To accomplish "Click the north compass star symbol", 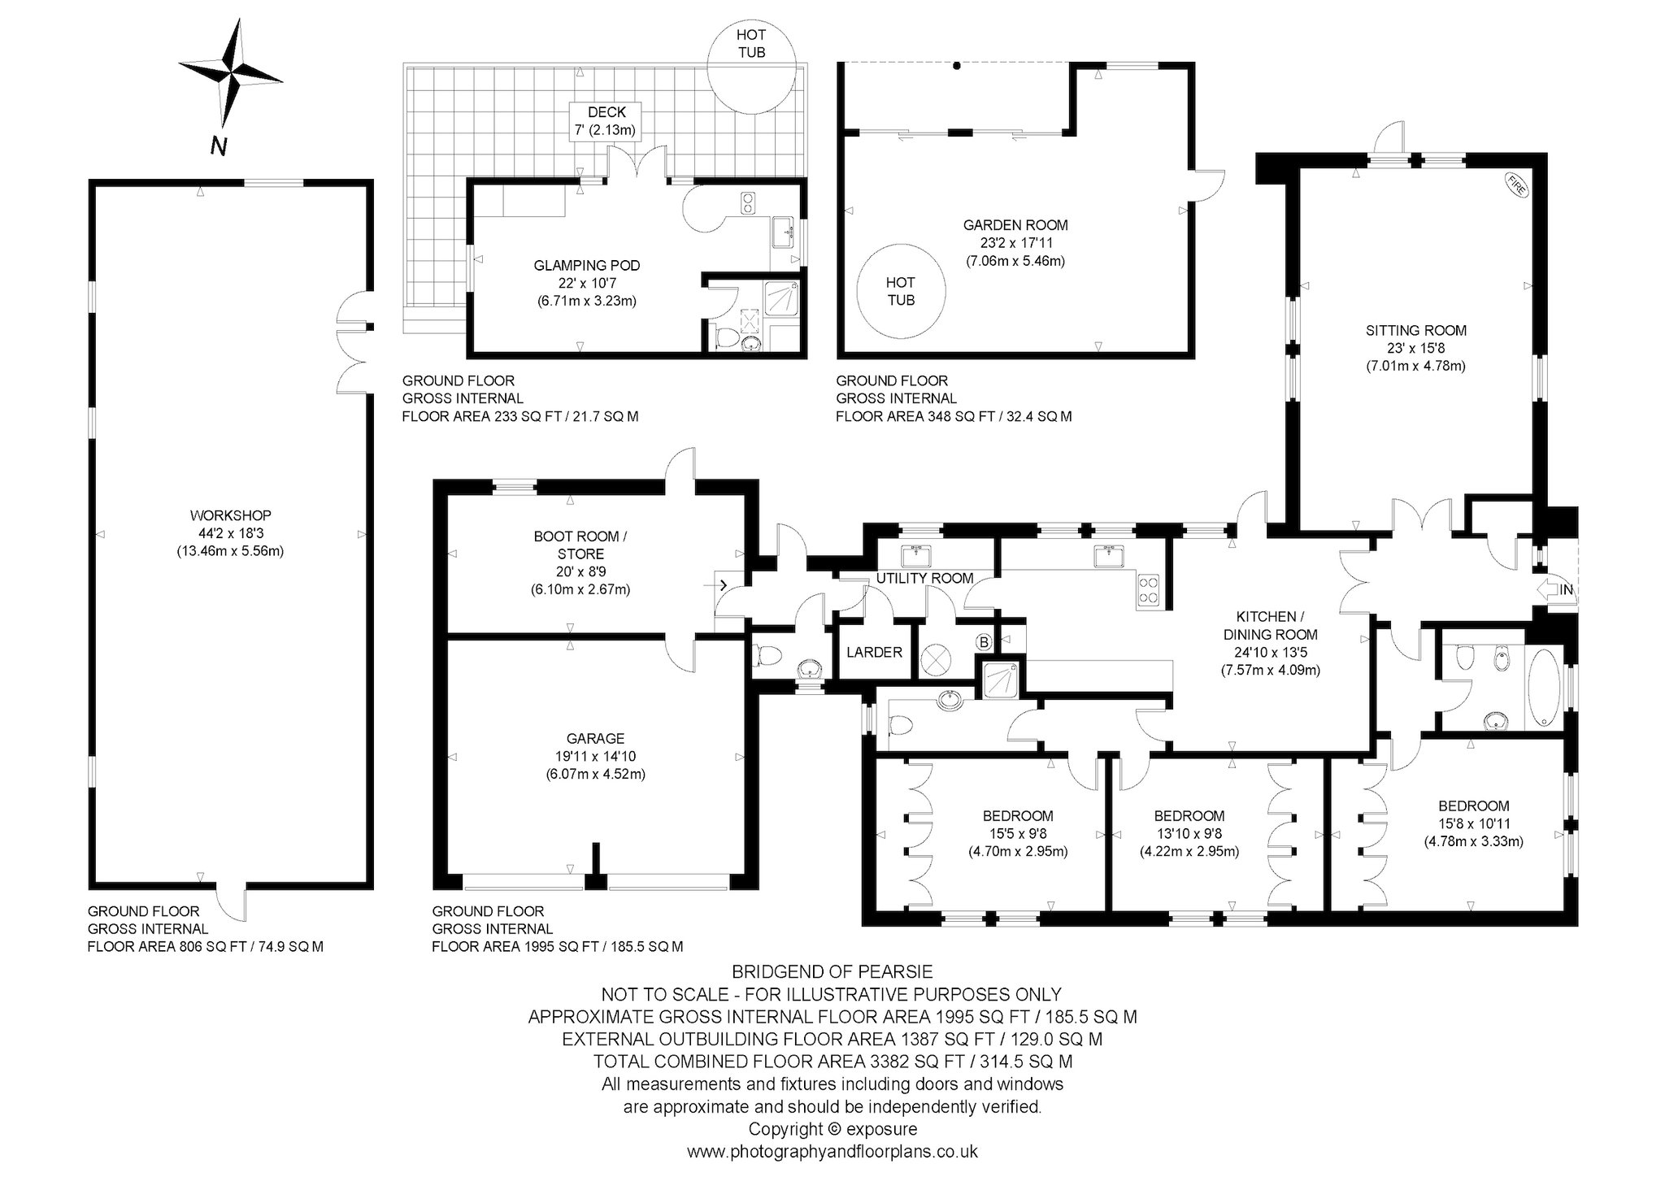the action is click(x=230, y=72).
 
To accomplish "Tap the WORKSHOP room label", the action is click(x=230, y=515).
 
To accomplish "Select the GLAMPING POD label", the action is click(x=587, y=265).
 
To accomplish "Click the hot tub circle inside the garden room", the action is click(x=901, y=291).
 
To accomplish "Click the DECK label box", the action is click(x=603, y=121).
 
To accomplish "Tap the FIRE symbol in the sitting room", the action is click(x=1517, y=185).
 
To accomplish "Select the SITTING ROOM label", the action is click(x=1416, y=331).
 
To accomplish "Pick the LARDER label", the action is click(x=874, y=652).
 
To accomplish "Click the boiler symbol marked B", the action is click(x=984, y=643).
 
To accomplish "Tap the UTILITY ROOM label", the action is click(x=924, y=579).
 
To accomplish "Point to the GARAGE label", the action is click(x=595, y=738).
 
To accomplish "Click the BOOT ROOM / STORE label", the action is click(x=580, y=545).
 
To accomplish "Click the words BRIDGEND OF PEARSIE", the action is click(x=832, y=971).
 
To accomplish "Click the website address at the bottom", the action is click(x=832, y=1152).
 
